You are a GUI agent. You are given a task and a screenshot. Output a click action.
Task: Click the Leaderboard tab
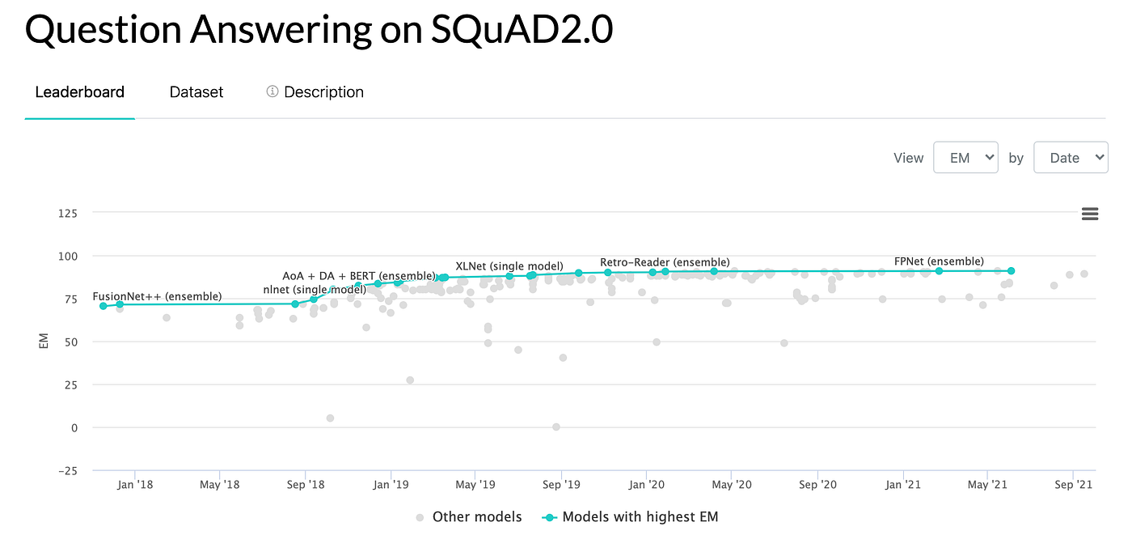tap(79, 92)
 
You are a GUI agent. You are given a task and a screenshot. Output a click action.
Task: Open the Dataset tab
tap(196, 92)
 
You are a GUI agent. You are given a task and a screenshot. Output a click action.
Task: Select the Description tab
tap(315, 92)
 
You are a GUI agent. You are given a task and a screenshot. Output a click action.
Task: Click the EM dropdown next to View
tap(965, 158)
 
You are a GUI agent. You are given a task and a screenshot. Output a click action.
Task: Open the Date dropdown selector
tap(1070, 158)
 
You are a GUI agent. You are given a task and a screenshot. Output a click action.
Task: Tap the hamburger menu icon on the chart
tap(1089, 214)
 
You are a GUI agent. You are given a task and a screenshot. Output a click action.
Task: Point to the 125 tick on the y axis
tap(67, 214)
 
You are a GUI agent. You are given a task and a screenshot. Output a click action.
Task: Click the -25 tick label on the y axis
tap(67, 471)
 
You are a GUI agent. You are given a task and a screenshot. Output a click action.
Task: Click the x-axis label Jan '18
tap(134, 485)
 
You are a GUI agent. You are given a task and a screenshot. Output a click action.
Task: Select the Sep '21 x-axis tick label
tap(1073, 485)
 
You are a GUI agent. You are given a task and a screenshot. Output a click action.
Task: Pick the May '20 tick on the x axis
tap(732, 485)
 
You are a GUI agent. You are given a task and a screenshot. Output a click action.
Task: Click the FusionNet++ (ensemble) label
tap(157, 296)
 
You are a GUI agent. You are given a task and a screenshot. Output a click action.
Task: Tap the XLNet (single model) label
tap(509, 265)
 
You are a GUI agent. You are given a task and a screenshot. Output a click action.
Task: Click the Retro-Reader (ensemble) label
tap(665, 262)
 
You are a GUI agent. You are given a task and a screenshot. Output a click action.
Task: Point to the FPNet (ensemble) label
tap(939, 261)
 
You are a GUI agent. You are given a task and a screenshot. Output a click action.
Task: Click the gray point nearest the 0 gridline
tap(556, 427)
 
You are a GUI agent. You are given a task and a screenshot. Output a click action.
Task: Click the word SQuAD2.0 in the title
tap(522, 29)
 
